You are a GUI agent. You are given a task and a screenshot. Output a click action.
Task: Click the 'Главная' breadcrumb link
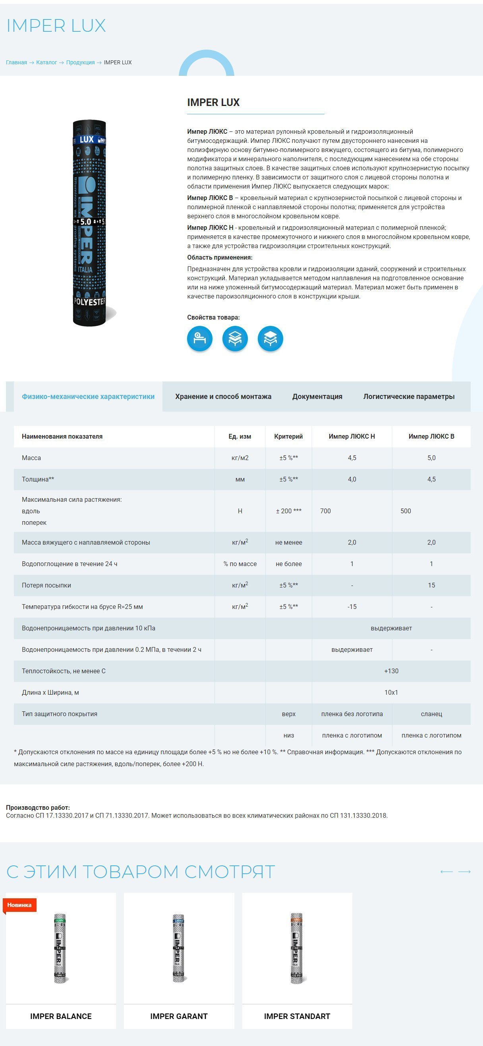click(x=16, y=63)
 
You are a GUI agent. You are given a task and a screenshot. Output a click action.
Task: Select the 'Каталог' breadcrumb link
click(x=46, y=63)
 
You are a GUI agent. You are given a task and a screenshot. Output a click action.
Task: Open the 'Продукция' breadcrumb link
click(x=80, y=63)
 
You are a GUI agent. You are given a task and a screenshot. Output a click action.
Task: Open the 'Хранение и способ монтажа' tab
click(x=223, y=396)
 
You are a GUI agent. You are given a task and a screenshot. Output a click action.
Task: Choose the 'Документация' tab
click(x=317, y=396)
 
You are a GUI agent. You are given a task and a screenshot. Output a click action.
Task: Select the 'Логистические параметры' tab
click(x=409, y=396)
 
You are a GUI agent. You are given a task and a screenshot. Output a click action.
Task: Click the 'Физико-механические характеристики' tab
click(x=88, y=396)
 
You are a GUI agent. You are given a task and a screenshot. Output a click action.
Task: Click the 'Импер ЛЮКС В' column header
click(x=431, y=436)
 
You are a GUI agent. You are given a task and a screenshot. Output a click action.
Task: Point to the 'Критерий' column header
click(x=288, y=436)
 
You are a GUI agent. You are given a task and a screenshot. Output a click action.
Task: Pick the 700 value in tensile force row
click(x=325, y=511)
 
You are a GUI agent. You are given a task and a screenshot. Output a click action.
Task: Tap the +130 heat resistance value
click(x=391, y=671)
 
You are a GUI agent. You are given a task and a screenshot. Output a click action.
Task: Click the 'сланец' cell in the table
click(x=431, y=714)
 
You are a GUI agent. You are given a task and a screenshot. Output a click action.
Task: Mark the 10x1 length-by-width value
click(x=391, y=692)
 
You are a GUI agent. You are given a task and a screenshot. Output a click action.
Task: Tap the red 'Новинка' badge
click(x=19, y=905)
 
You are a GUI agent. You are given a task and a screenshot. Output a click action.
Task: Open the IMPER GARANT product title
click(x=179, y=1016)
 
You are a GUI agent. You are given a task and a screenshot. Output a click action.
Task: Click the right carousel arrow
click(x=464, y=872)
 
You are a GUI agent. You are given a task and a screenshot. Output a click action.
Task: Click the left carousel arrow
click(x=446, y=872)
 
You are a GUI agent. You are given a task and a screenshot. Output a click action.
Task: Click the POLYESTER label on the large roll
click(x=89, y=302)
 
